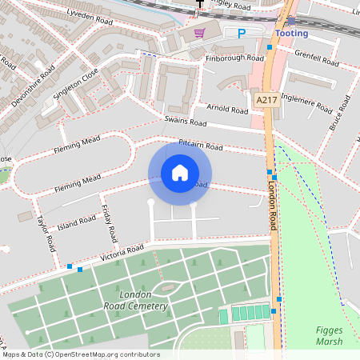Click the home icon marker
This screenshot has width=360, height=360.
pyautogui.click(x=180, y=172)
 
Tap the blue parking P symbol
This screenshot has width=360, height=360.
pyautogui.click(x=242, y=33)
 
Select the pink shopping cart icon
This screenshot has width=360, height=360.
pyautogui.click(x=199, y=33)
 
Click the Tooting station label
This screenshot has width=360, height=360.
pyautogui.click(x=291, y=34)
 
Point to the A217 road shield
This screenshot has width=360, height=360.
pyautogui.click(x=266, y=98)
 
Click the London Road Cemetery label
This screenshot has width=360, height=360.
pyautogui.click(x=136, y=301)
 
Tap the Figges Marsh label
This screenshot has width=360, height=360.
pyautogui.click(x=328, y=336)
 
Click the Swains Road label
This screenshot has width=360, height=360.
pyautogui.click(x=185, y=122)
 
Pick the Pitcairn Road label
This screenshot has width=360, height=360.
pyautogui.click(x=200, y=146)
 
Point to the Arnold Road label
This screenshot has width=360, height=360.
pyautogui.click(x=227, y=108)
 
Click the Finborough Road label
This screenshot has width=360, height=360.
pyautogui.click(x=234, y=58)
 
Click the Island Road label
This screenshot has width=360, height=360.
pyautogui.click(x=76, y=221)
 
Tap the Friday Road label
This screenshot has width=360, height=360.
pyautogui.click(x=110, y=224)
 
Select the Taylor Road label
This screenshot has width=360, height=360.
pyautogui.click(x=43, y=233)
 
